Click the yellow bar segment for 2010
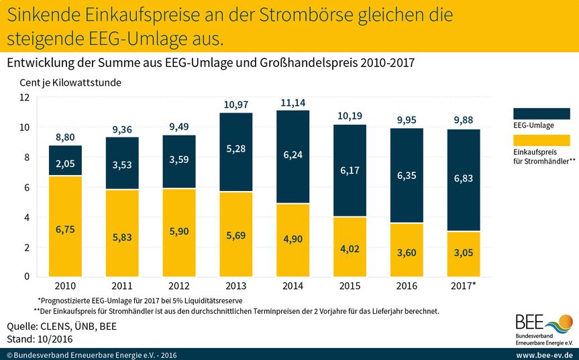click(65, 226)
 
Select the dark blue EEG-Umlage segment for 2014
click(293, 156)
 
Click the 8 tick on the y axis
click(26, 158)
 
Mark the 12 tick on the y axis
click(25, 97)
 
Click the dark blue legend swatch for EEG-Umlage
click(541, 113)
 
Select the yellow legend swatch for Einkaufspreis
click(541, 140)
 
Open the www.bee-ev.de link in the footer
click(543, 354)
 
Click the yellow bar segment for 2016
click(407, 250)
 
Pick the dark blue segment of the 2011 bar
click(122, 163)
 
